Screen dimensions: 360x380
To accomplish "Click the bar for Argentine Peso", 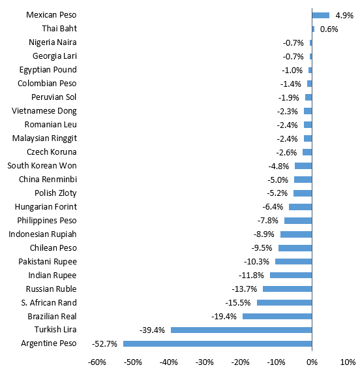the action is pos(218,343).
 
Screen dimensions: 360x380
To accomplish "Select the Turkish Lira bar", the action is pos(241,330).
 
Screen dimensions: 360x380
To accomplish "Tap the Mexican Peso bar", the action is pos(321,15).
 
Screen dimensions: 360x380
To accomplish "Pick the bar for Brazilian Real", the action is pos(277,316).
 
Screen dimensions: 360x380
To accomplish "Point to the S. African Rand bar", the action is pos(284,302).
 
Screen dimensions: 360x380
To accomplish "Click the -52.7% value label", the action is pos(104,343).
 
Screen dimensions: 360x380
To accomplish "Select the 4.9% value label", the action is pos(344,16).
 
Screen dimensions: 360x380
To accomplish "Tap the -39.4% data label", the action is pos(152,330).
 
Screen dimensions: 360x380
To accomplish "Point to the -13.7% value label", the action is pos(245,289).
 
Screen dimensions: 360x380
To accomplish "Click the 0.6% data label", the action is pos(329,29).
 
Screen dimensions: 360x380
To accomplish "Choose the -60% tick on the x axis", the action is pos(97,362).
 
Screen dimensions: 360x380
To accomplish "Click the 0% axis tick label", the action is pos(312,362).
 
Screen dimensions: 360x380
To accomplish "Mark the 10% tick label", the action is pos(348,362).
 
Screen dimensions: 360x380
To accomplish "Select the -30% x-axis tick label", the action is pos(205,362).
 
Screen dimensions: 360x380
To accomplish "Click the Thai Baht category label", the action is pos(59,28).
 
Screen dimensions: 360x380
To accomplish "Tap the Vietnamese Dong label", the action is pos(44,111).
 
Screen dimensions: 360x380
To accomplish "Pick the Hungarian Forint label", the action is pos(46,207).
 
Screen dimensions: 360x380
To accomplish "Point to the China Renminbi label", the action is pos(48,180).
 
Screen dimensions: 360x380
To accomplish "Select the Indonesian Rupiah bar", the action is pos(296,234).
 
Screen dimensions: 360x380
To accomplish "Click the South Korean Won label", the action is pos(42,166).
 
